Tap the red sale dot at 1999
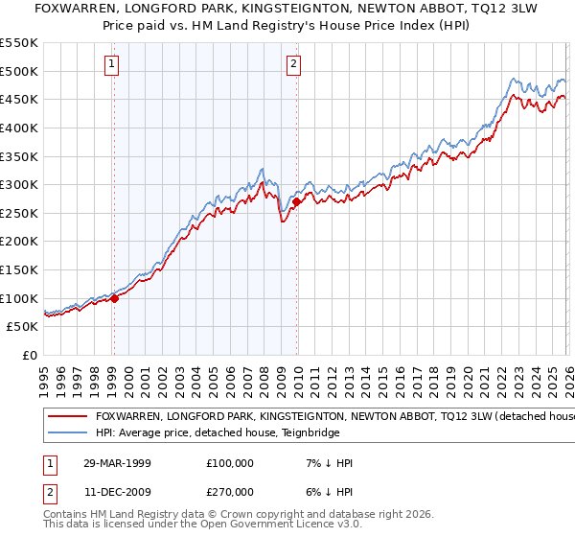[114, 298]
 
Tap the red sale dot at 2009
[297, 201]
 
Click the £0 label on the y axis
[29, 355]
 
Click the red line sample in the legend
[66, 417]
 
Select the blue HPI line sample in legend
[66, 434]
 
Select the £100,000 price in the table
[230, 463]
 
